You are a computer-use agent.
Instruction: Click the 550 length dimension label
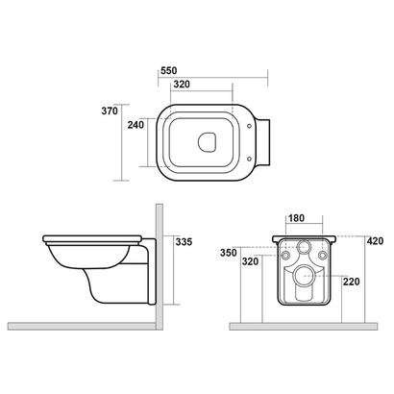pyautogui.click(x=169, y=70)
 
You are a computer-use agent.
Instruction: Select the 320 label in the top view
pyautogui.click(x=182, y=85)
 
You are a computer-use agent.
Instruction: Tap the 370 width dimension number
pyautogui.click(x=110, y=111)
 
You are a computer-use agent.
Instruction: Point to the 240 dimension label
pyautogui.click(x=135, y=125)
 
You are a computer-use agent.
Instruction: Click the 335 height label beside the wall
pyautogui.click(x=184, y=242)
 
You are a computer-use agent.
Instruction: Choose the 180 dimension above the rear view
pyautogui.click(x=296, y=218)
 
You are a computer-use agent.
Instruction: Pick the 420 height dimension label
pyautogui.click(x=375, y=241)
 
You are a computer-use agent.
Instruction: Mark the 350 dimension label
pyautogui.click(x=229, y=253)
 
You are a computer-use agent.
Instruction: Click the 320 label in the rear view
pyautogui.click(x=250, y=261)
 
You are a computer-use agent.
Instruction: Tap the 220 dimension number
pyautogui.click(x=352, y=282)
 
